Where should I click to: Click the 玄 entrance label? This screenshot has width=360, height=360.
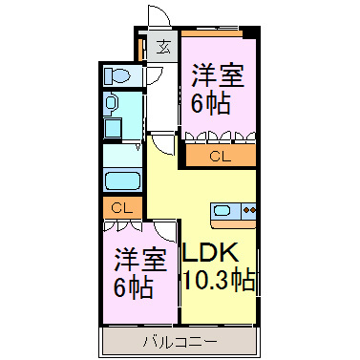[x=163, y=45]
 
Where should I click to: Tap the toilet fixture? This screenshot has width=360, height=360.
[x=119, y=74]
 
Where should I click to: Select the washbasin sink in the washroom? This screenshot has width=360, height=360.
[x=111, y=103]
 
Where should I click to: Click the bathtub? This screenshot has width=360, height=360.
[x=121, y=180]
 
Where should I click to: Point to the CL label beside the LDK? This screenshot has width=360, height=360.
[x=220, y=155]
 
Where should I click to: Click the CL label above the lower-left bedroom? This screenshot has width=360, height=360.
[x=121, y=207]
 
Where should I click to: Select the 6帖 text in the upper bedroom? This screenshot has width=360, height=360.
[x=212, y=103]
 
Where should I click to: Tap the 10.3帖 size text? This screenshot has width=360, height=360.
[x=218, y=283]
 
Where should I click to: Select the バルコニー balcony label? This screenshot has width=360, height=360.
[x=180, y=341]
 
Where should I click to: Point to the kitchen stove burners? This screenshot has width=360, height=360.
[x=248, y=211]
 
